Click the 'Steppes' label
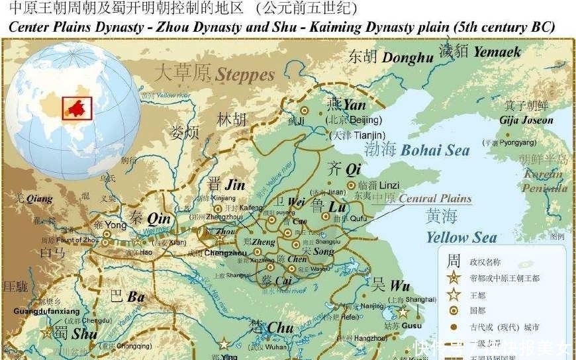244,73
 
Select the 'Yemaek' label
497,51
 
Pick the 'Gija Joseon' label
528,120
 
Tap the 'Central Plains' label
435,199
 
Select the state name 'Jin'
235,185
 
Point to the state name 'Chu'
280,328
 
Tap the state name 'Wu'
399,286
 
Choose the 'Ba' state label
136,297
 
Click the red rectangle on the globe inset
76,107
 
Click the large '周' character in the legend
454,259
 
